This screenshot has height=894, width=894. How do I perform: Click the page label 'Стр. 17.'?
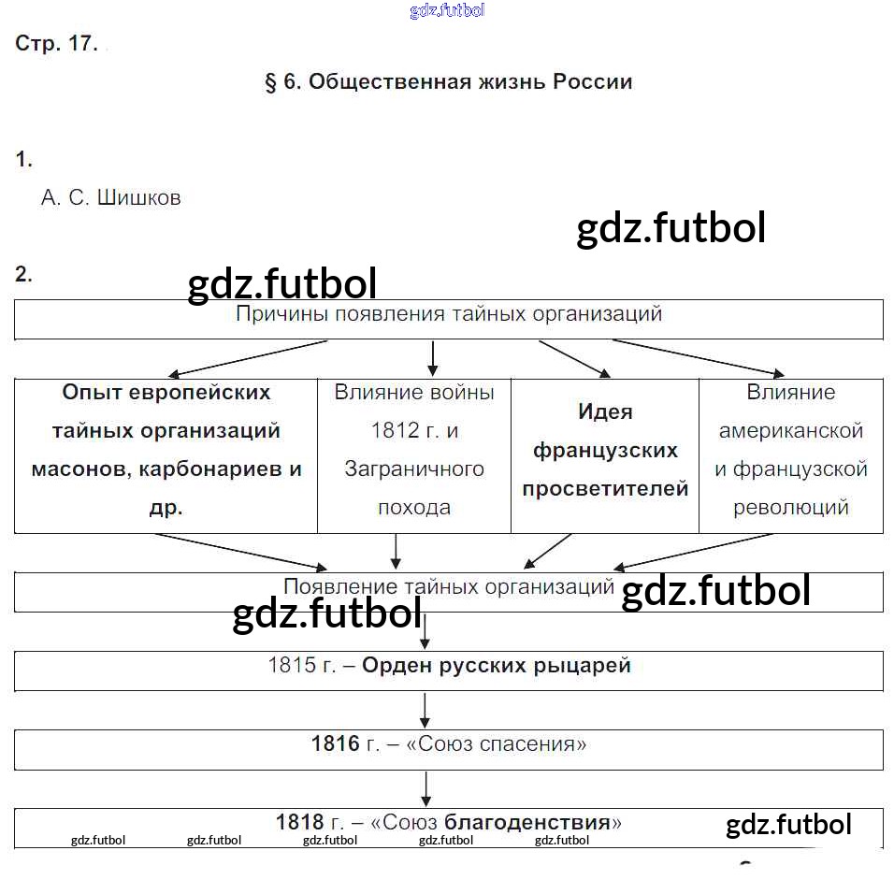coord(56,44)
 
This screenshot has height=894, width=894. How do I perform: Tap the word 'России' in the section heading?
coord(592,82)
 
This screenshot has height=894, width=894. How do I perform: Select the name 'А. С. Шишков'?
coord(111,198)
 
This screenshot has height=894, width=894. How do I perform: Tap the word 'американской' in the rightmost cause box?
coord(790,431)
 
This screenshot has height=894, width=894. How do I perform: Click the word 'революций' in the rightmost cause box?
coord(790,508)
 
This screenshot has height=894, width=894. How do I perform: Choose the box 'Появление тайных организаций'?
coord(448,591)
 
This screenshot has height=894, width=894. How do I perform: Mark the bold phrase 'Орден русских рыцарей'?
coord(496,666)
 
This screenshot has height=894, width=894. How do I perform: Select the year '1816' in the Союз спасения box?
coord(335,744)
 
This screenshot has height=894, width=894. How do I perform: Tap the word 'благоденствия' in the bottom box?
coord(526,823)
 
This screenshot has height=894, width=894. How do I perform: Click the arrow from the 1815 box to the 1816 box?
coord(425,711)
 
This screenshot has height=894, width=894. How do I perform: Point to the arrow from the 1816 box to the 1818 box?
coord(425,788)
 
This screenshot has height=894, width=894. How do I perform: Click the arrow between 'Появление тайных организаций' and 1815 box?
coord(425,632)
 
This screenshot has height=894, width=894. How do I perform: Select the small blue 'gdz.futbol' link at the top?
coord(447,11)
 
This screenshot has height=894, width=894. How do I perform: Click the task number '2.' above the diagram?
coord(23,275)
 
